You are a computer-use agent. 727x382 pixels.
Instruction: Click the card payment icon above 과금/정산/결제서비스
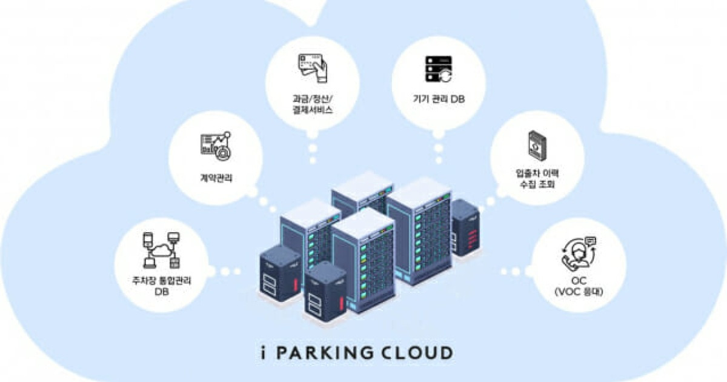312,69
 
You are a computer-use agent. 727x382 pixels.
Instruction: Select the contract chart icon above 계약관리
215,146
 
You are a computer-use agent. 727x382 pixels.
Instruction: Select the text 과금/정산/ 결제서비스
312,104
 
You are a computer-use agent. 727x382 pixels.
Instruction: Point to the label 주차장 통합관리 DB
161,286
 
